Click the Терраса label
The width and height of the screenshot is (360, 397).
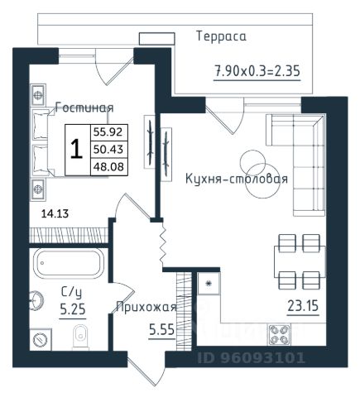click(221, 37)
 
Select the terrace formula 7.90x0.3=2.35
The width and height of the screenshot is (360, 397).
click(257, 71)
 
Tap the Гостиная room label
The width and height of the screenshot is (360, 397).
click(84, 108)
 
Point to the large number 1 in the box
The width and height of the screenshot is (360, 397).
click(77, 149)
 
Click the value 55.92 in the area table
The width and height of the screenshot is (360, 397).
click(108, 132)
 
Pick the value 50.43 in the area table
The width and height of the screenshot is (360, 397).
click(108, 150)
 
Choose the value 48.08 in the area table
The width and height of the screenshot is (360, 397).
click(108, 166)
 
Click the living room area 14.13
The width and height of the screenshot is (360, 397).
click(55, 213)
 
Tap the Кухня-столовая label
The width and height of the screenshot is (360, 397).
click(237, 179)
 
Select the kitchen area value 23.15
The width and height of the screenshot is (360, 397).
click(303, 306)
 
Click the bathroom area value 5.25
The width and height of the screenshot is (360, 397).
click(73, 309)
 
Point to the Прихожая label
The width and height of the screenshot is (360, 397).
click(146, 307)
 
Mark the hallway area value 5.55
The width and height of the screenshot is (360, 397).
click(162, 329)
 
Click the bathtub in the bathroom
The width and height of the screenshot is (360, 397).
click(69, 263)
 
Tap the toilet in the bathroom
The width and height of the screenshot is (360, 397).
click(80, 337)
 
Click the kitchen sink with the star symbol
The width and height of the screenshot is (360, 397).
click(209, 284)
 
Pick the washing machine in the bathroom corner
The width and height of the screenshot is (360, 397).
click(41, 339)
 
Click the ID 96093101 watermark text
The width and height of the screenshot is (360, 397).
click(251, 358)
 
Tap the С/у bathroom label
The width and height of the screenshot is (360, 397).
click(71, 292)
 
